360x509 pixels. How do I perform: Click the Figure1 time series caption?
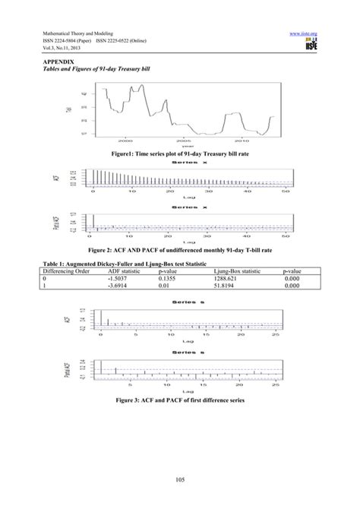(181, 153)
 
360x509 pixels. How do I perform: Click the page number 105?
(180, 477)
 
